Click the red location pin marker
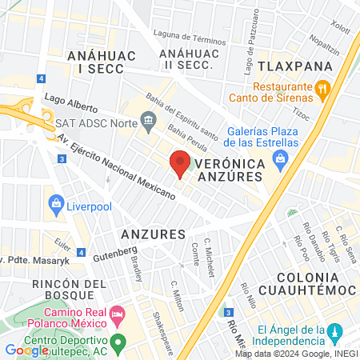[x=180, y=163]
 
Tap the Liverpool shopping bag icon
[x=56, y=203]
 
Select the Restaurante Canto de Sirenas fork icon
[x=322, y=88]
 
